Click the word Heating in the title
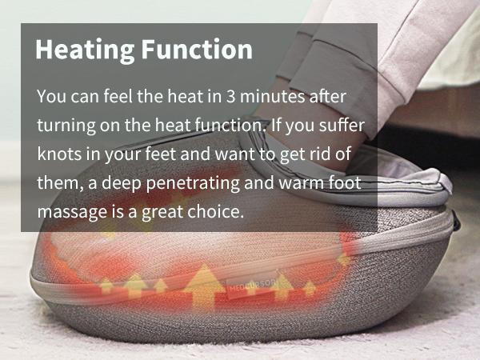pyautogui.click(x=85, y=50)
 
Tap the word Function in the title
pyautogui.click(x=197, y=49)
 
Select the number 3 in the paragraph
pyautogui.click(x=231, y=96)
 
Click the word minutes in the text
pyautogui.click(x=273, y=96)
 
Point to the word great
pyautogui.click(x=162, y=212)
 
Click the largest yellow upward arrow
pyautogui.click(x=203, y=287)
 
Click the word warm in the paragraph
pyautogui.click(x=301, y=182)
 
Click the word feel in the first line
pyautogui.click(x=118, y=96)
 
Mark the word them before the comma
pyautogui.click(x=60, y=182)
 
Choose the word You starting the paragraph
pyautogui.click(x=51, y=96)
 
